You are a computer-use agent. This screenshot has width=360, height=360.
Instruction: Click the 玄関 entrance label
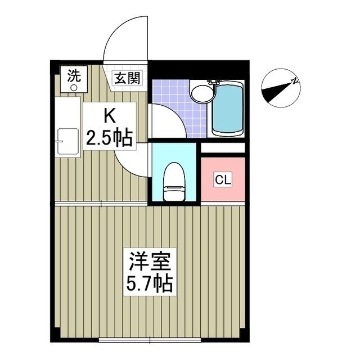(129, 78)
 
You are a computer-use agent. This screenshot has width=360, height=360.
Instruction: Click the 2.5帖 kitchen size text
(109, 137)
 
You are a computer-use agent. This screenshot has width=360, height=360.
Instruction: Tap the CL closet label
(223, 180)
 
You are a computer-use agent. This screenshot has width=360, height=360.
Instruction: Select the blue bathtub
(227, 108)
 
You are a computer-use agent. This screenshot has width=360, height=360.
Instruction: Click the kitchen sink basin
(67, 143)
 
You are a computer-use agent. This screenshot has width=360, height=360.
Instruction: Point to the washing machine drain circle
(74, 87)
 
